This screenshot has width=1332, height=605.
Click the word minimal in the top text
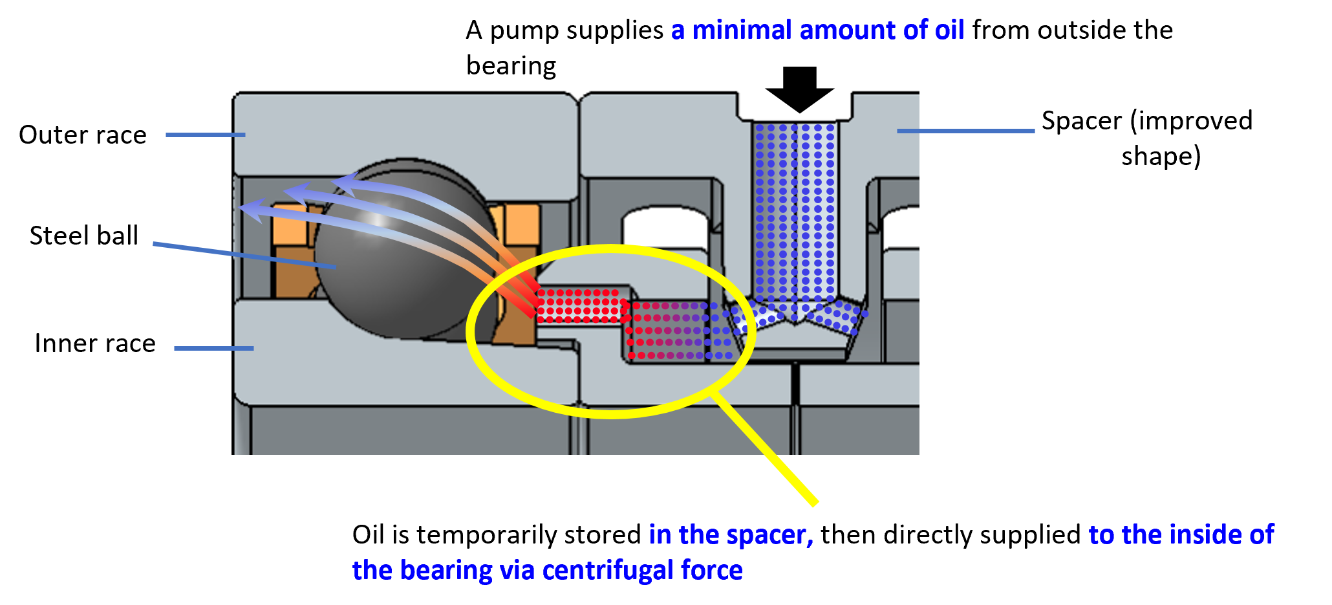pyautogui.click(x=742, y=30)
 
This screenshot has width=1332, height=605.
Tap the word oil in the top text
pyautogui.click(x=949, y=30)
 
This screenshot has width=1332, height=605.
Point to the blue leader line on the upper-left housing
pyautogui.click(x=205, y=135)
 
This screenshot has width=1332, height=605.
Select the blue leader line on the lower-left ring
pyautogui.click(x=213, y=348)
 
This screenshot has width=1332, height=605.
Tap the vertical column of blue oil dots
pyautogui.click(x=795, y=207)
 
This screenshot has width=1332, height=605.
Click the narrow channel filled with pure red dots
pyautogui.click(x=579, y=305)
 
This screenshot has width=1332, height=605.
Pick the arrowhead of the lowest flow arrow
pyautogui.click(x=250, y=208)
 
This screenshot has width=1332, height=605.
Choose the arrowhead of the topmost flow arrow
pyautogui.click(x=343, y=183)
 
